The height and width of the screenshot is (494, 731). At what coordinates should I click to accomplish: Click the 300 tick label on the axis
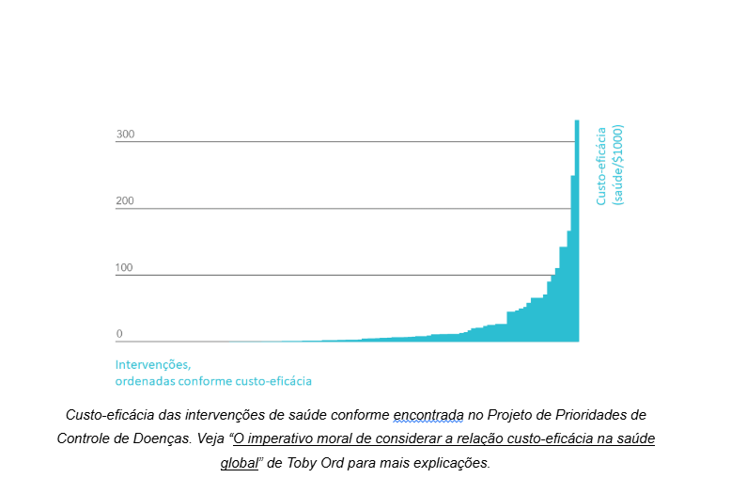click(125, 135)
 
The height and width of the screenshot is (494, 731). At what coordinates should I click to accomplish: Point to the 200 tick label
click(125, 201)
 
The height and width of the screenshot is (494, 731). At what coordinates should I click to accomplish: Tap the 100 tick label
click(125, 268)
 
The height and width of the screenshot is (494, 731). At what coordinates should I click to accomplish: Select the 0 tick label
click(119, 334)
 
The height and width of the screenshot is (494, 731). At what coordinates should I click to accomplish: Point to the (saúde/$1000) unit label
click(618, 166)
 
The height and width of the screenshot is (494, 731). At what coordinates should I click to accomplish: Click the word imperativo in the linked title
click(279, 439)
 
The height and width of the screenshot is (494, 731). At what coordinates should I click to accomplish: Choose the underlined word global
click(240, 463)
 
